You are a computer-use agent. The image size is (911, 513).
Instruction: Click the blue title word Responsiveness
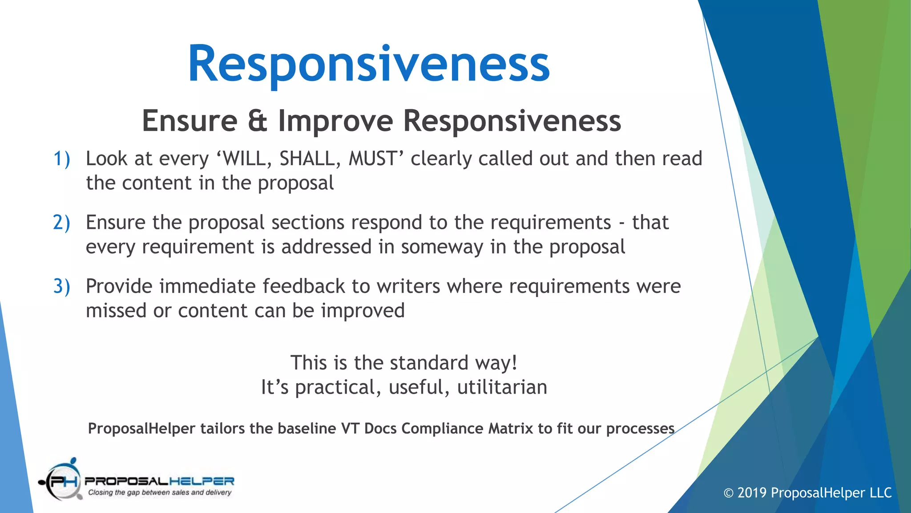(x=369, y=65)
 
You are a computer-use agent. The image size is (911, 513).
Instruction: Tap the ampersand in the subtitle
(x=257, y=121)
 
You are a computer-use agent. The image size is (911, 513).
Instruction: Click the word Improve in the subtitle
(x=336, y=121)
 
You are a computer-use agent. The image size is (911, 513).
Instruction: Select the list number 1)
(x=61, y=159)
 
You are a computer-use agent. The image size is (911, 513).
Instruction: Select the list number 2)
(x=61, y=223)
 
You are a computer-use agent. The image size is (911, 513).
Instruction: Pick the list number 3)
(x=61, y=286)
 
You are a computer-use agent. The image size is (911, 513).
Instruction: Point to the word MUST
(x=373, y=159)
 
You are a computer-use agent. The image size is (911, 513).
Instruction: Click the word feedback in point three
(x=303, y=286)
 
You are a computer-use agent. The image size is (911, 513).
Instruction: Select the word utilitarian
(x=502, y=387)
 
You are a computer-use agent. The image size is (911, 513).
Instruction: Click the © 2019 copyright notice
(x=807, y=493)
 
